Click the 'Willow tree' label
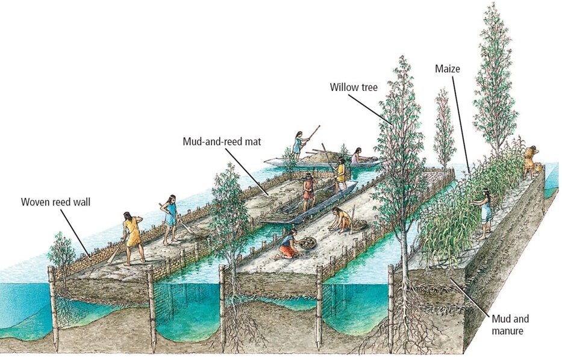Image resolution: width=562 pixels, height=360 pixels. (x=354, y=87)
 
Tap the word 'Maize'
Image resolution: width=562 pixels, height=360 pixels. (x=448, y=69)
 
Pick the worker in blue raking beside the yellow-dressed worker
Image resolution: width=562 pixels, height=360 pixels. (x=172, y=217)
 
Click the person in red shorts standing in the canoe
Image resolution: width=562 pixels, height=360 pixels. (x=308, y=191)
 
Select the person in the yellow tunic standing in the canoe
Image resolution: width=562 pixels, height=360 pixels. (x=341, y=173)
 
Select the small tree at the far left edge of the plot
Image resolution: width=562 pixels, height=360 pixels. (x=61, y=253)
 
